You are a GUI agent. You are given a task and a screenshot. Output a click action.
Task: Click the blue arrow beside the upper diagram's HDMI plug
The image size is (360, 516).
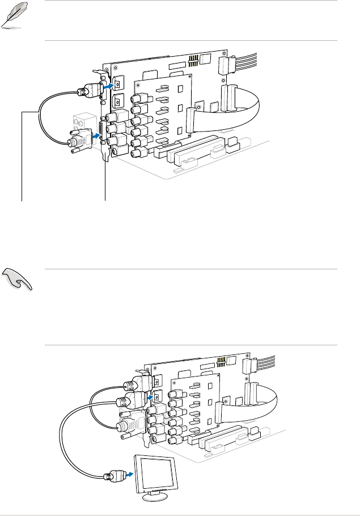107,86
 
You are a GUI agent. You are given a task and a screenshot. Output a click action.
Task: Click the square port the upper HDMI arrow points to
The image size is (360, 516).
117,83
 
